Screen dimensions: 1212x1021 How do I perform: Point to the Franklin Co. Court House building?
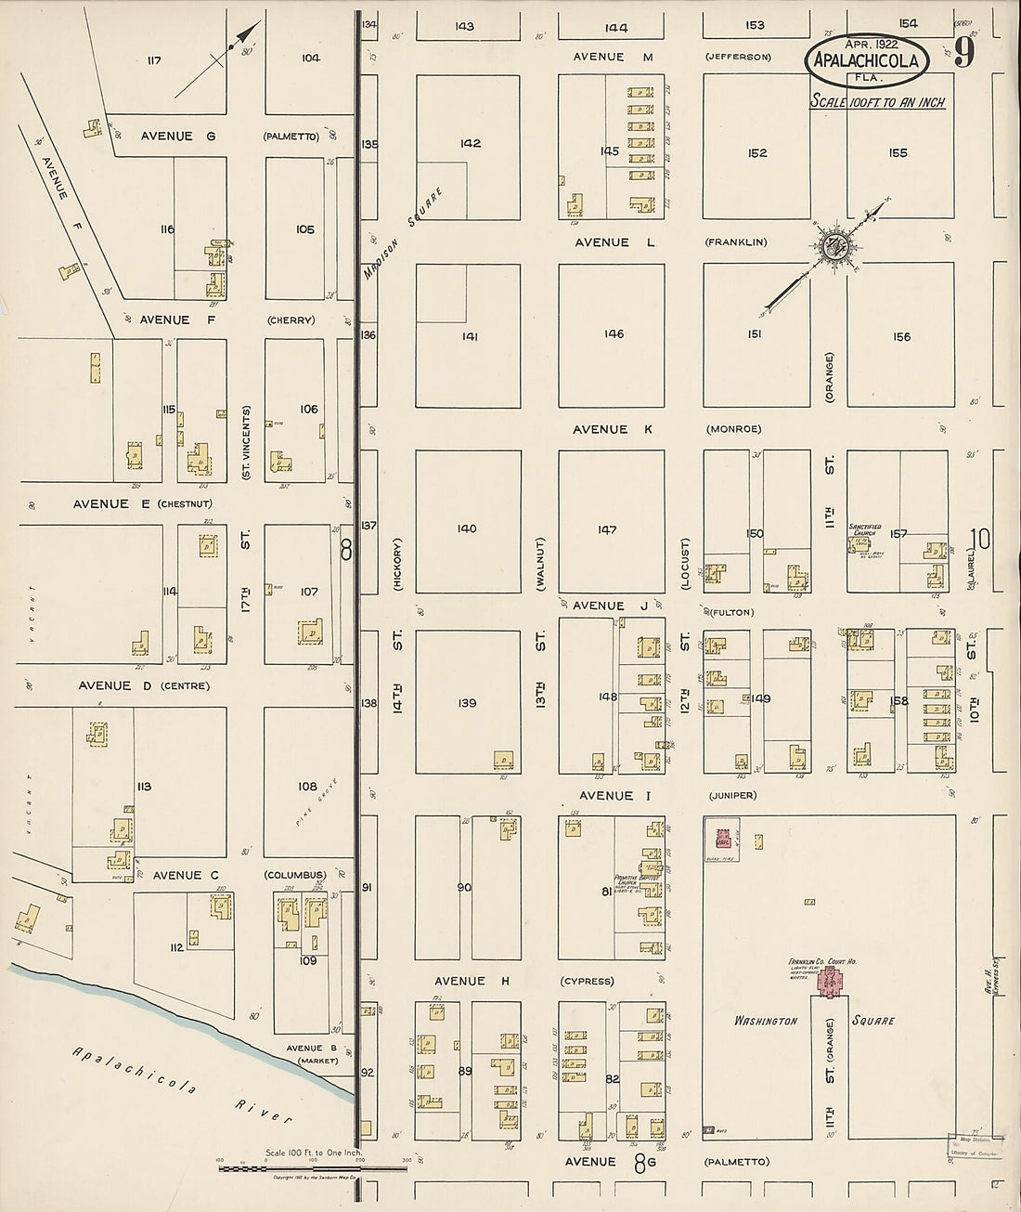[830, 980]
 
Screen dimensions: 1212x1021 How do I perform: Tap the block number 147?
[607, 529]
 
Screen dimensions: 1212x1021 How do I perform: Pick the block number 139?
[466, 703]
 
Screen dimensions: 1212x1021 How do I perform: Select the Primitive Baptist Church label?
[637, 880]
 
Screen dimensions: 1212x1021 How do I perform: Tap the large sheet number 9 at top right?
[963, 55]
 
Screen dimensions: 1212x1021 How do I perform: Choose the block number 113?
[143, 787]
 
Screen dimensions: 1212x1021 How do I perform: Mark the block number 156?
[900, 337]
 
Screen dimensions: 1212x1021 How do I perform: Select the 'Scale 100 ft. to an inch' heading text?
[877, 102]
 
